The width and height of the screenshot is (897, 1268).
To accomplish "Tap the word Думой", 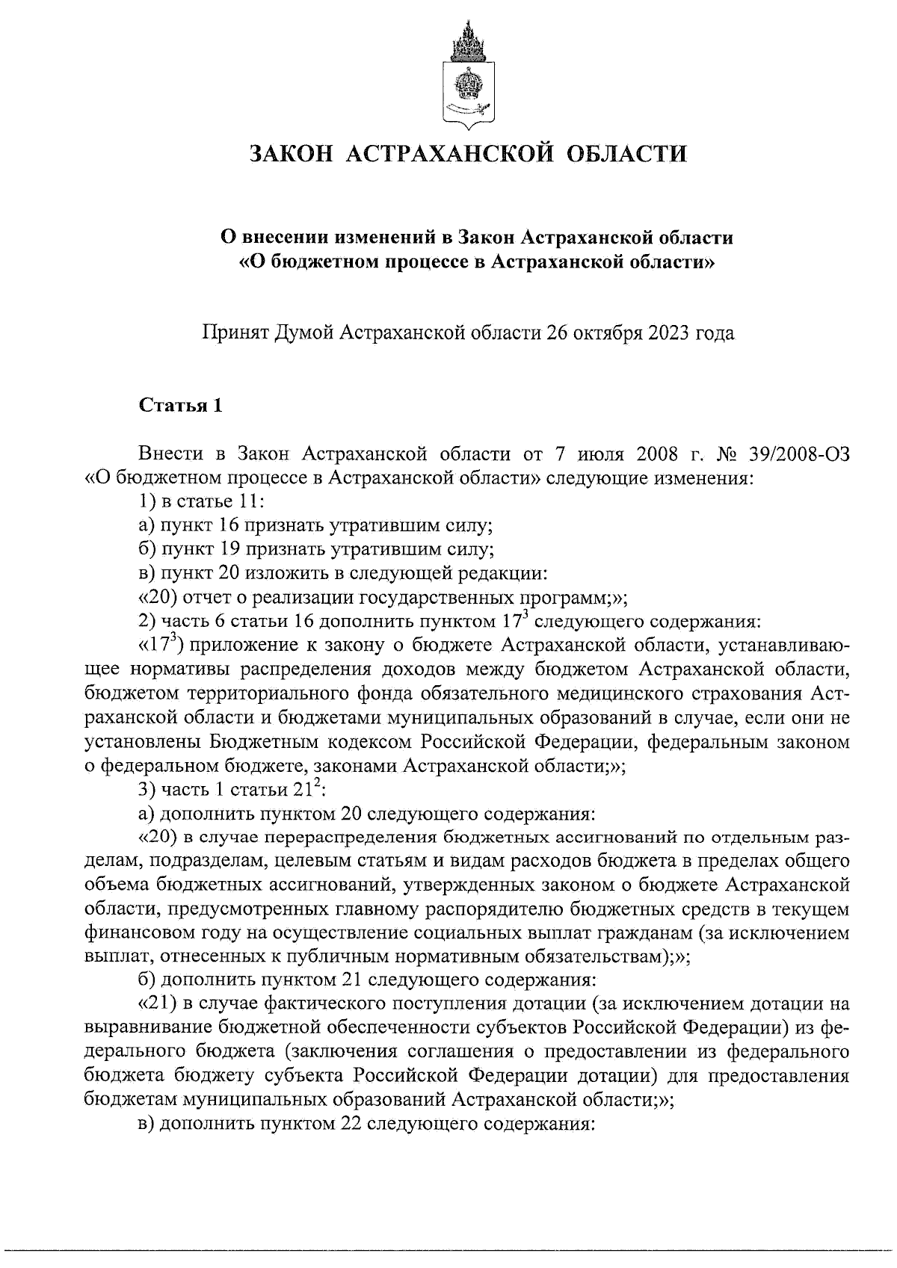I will (305, 333).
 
